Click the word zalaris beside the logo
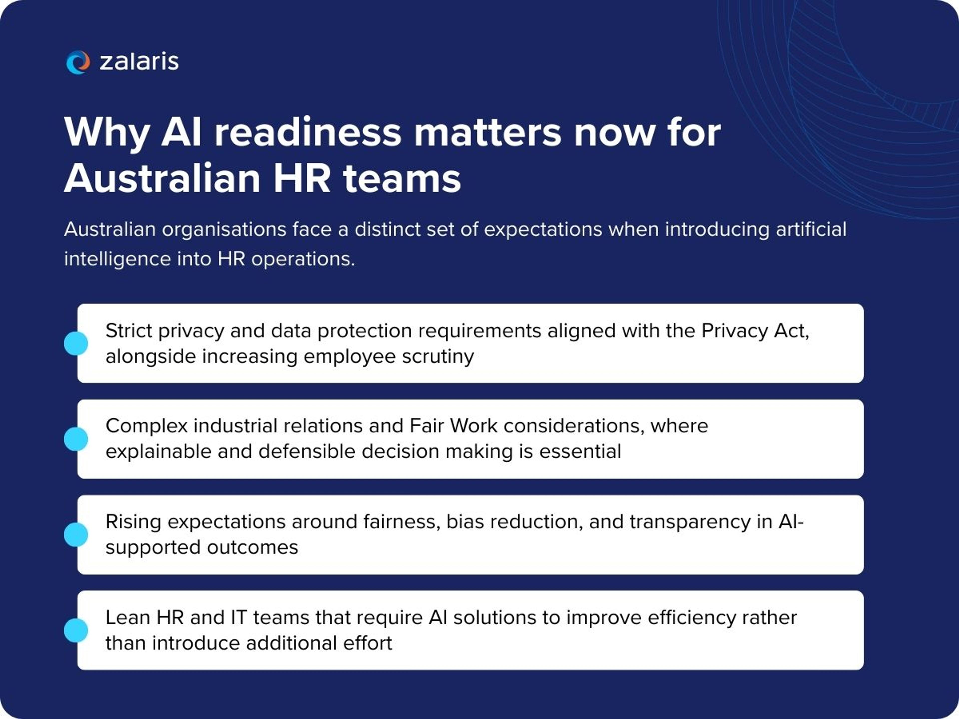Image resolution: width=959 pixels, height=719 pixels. [x=139, y=62]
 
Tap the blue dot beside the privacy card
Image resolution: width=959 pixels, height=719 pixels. [x=76, y=343]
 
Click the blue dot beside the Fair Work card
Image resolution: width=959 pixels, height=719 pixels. [x=76, y=439]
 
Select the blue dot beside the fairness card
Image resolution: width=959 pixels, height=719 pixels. [x=76, y=534]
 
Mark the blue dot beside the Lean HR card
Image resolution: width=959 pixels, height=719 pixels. [x=76, y=630]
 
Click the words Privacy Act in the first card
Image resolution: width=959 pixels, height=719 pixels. [x=754, y=331]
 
